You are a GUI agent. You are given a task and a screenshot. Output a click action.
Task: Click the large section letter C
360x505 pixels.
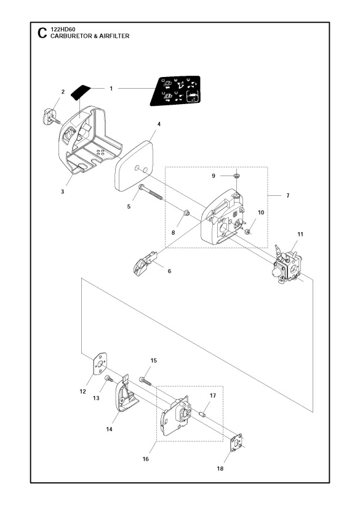(42, 33)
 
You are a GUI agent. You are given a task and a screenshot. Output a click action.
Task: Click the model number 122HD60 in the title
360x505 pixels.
(63, 30)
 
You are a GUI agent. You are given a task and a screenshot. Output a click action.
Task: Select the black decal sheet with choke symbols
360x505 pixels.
(175, 90)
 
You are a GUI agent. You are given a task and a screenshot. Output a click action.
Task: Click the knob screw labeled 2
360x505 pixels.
(50, 117)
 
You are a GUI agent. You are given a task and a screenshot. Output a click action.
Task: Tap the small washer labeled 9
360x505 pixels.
(236, 176)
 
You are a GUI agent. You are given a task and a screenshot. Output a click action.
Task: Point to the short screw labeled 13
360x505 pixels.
(109, 379)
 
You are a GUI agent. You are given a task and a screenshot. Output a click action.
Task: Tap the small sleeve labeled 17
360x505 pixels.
(202, 413)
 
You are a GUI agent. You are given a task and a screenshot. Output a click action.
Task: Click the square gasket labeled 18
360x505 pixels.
(238, 443)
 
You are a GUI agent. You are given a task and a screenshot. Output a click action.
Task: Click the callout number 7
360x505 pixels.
(287, 195)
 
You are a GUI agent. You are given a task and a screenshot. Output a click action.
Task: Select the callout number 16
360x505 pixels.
(145, 459)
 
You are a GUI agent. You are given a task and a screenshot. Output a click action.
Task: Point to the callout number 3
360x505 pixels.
(62, 192)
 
